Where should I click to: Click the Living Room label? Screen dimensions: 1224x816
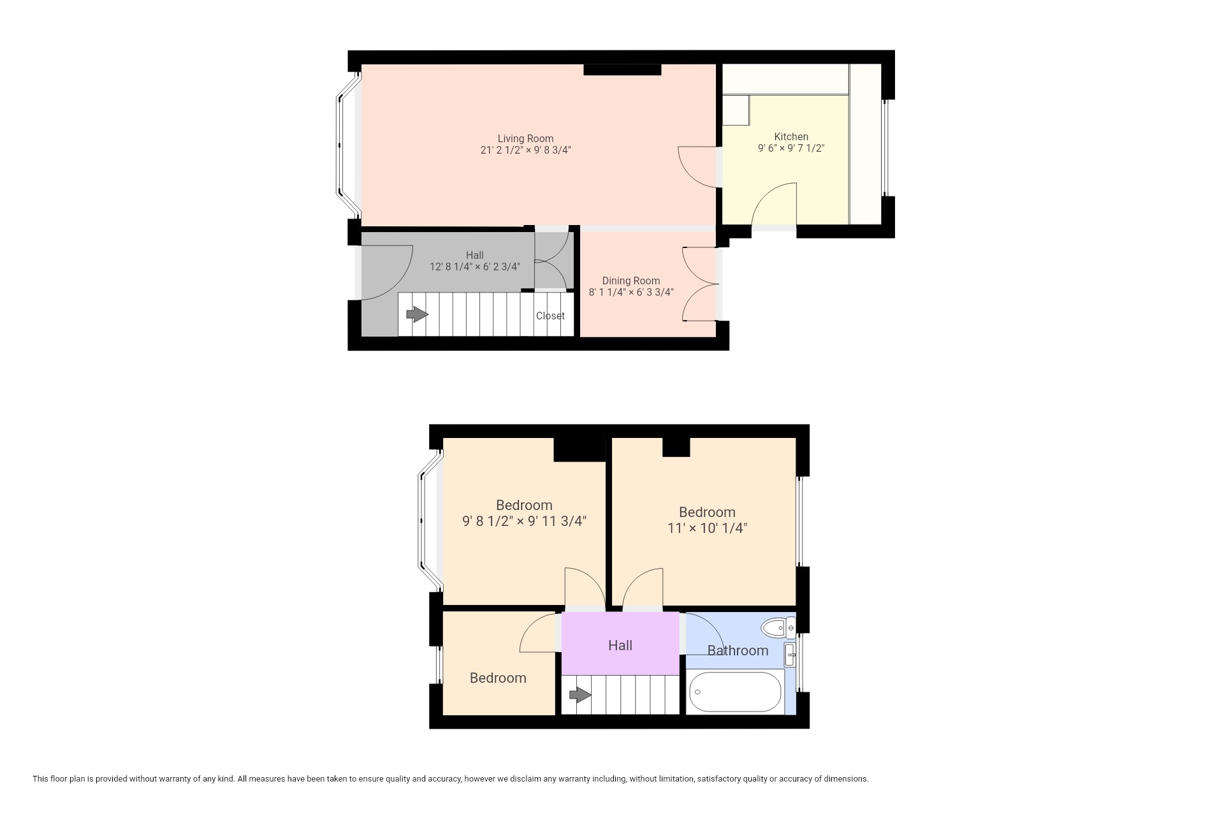click(x=525, y=138)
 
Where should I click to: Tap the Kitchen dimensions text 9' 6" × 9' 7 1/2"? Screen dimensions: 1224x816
click(x=791, y=149)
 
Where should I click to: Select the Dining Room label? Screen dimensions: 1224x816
click(x=631, y=280)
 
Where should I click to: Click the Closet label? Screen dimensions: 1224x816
click(x=550, y=316)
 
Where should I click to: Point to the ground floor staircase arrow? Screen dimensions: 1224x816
click(x=417, y=314)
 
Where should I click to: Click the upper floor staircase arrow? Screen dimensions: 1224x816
click(x=580, y=695)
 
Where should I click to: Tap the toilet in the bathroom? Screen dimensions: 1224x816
click(x=778, y=629)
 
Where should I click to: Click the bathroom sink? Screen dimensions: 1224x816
click(x=790, y=655)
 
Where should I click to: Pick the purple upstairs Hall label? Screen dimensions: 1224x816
click(x=620, y=646)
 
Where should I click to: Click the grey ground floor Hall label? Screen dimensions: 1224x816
click(x=474, y=255)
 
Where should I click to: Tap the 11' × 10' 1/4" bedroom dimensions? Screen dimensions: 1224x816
click(x=707, y=528)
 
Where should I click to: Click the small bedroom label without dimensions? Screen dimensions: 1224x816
click(x=498, y=678)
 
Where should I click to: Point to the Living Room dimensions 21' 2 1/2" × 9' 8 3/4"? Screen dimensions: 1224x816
click(x=525, y=150)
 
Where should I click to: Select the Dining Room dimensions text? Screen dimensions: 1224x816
click(x=631, y=293)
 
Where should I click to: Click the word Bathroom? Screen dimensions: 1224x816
click(x=738, y=651)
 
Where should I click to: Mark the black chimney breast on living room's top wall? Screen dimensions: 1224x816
click(x=622, y=69)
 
